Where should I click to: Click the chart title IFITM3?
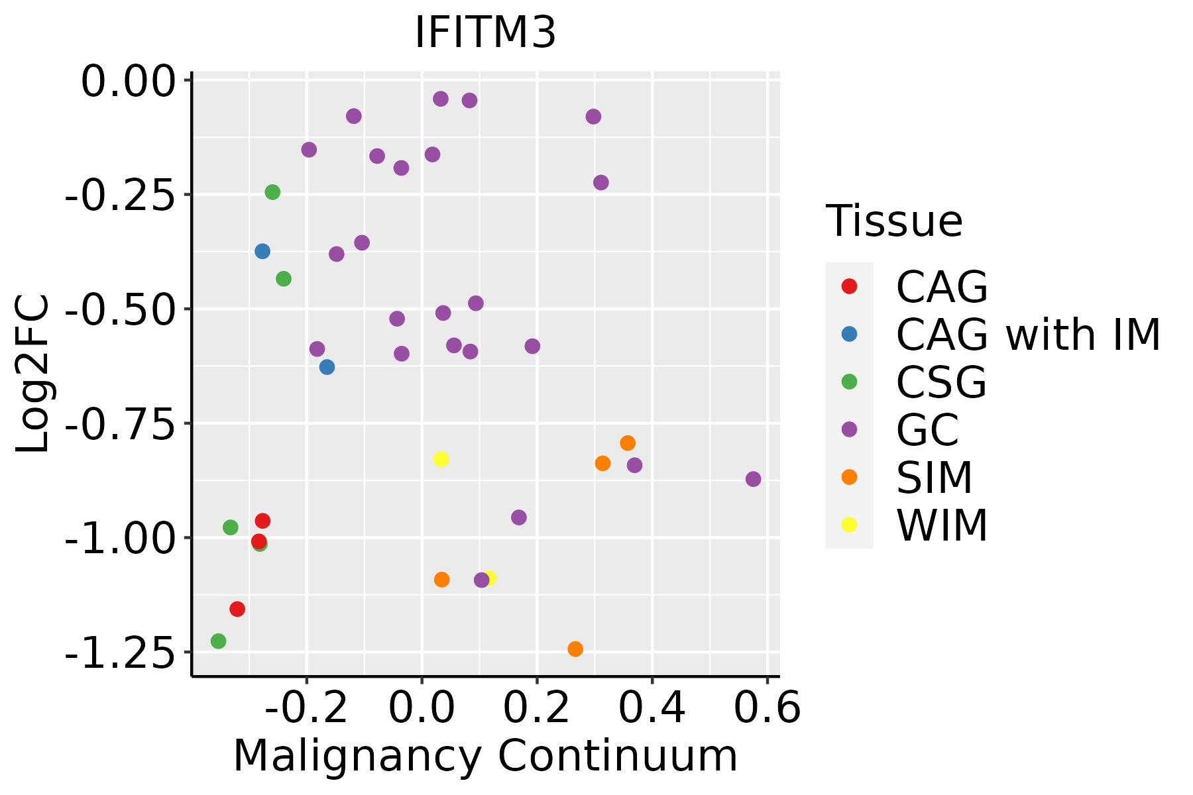(x=485, y=33)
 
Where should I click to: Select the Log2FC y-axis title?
(x=33, y=374)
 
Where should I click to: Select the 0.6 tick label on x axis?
(x=767, y=708)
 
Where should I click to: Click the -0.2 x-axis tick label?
(x=306, y=708)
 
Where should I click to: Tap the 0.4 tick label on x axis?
(x=652, y=708)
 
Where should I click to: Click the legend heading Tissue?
(x=894, y=221)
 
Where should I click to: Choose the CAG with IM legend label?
(x=1028, y=335)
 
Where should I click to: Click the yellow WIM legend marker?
(x=849, y=525)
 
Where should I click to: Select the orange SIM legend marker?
(x=849, y=477)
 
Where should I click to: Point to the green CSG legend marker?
(x=849, y=382)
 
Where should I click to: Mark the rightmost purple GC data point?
(x=753, y=479)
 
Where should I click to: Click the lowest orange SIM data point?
(x=575, y=649)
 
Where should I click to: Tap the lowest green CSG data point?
(x=218, y=641)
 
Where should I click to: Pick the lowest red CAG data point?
(x=237, y=609)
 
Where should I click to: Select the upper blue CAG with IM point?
(x=262, y=251)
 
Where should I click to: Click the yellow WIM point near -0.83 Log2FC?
(x=441, y=459)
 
